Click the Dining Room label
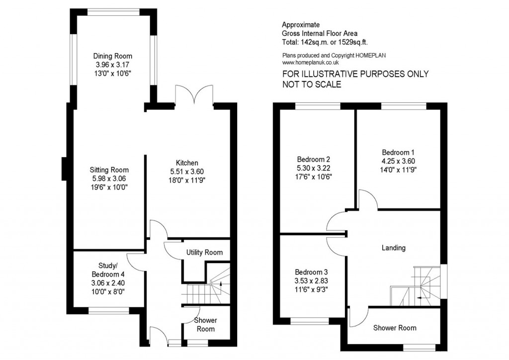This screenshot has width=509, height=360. coord(114,56)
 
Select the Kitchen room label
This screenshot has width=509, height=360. coord(187,163)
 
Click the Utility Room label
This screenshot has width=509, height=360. coord(204,253)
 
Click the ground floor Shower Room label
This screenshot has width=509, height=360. coord(204,325)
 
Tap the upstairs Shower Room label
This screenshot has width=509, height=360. coord(395,328)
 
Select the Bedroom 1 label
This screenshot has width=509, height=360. coord(398,152)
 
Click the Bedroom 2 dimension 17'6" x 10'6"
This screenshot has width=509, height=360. coord(314,177)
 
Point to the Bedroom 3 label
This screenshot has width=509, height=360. coord(311,272)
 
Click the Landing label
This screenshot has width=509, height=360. coord(393,248)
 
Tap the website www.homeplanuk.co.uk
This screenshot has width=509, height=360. coord(311,63)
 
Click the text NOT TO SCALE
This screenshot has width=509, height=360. coord(312,85)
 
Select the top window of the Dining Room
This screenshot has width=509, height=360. coord(114,10)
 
